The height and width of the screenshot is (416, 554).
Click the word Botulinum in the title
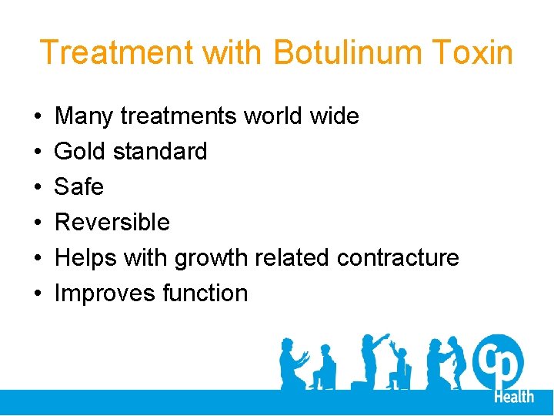(x=352, y=53)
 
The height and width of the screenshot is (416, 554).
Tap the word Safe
(x=79, y=187)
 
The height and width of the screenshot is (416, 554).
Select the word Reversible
(x=112, y=223)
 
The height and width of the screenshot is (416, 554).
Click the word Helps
(x=84, y=258)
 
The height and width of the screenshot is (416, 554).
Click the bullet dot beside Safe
(x=38, y=187)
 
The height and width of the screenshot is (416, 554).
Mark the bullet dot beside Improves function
(x=38, y=294)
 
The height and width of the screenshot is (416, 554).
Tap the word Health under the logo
(x=513, y=396)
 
